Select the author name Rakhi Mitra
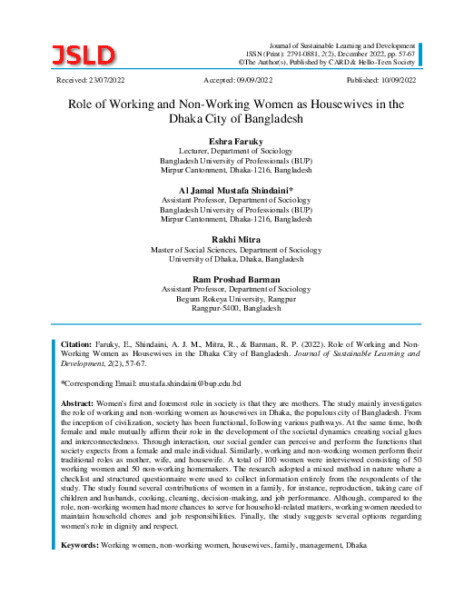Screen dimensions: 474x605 tap(235, 238)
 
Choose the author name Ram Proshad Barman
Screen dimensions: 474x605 tap(235, 277)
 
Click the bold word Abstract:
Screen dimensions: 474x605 tap(77, 402)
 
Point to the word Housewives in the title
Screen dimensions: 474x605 tap(348, 104)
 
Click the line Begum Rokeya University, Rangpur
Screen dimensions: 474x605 tap(235, 298)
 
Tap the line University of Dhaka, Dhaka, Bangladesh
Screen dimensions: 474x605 tap(235, 259)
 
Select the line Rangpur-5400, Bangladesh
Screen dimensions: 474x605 tap(235, 308)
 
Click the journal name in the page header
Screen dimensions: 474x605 tap(339, 44)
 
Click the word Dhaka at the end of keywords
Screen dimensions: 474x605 tap(356, 546)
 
